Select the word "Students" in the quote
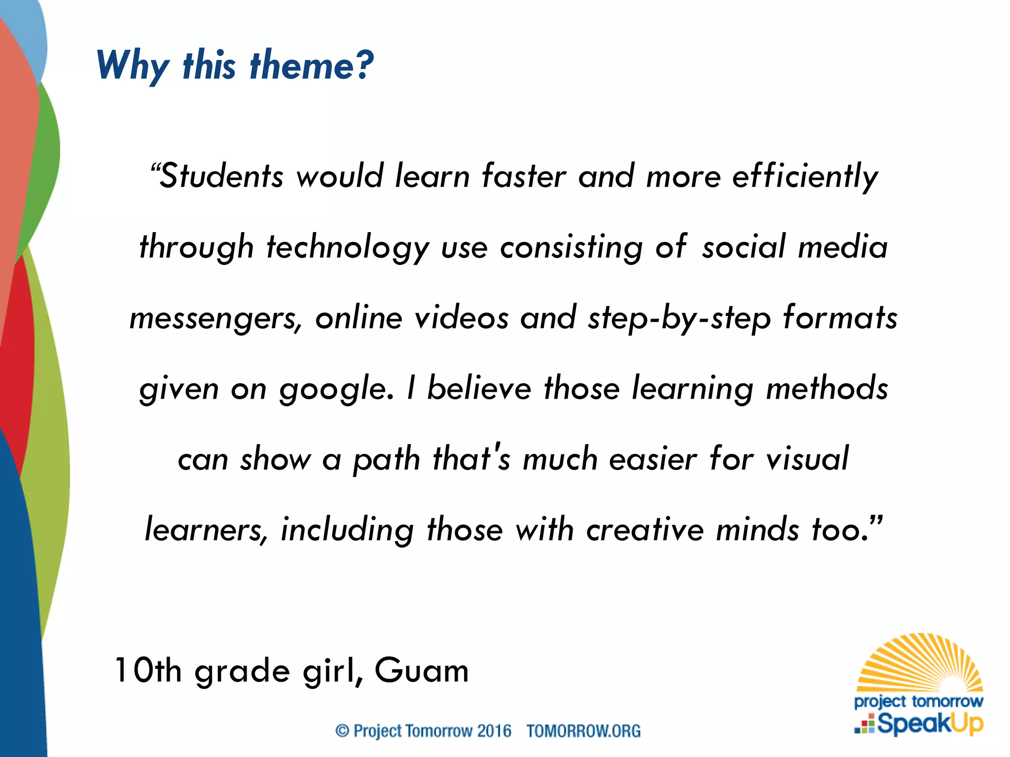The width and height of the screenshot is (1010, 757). pos(222,175)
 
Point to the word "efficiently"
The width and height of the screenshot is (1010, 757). pos(805,176)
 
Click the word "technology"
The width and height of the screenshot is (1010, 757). pos(348,247)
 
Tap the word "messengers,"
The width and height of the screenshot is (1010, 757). pos(216,318)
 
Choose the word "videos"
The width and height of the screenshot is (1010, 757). pos(461,317)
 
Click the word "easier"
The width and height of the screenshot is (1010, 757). pos(653,459)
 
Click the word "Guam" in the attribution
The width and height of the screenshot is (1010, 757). pos(422,670)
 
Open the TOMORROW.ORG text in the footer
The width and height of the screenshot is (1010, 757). pos(583,730)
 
